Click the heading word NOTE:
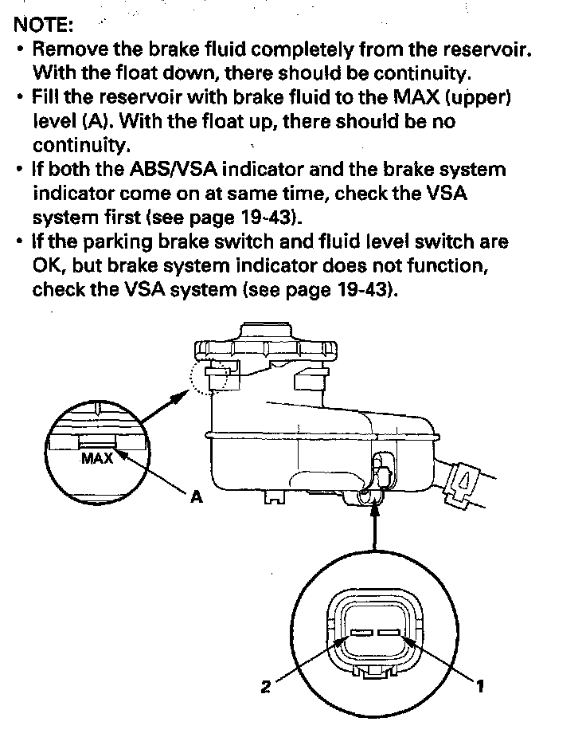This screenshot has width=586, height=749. [x=44, y=25]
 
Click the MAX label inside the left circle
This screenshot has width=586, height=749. [x=97, y=459]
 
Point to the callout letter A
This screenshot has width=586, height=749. [x=197, y=497]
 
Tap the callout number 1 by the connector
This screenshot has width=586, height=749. [x=480, y=686]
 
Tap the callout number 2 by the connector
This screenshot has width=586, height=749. [x=266, y=687]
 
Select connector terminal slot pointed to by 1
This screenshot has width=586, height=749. [x=389, y=633]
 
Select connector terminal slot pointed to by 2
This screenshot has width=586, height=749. [x=361, y=633]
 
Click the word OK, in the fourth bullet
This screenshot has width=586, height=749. [x=49, y=266]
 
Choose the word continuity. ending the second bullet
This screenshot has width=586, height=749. [x=81, y=145]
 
